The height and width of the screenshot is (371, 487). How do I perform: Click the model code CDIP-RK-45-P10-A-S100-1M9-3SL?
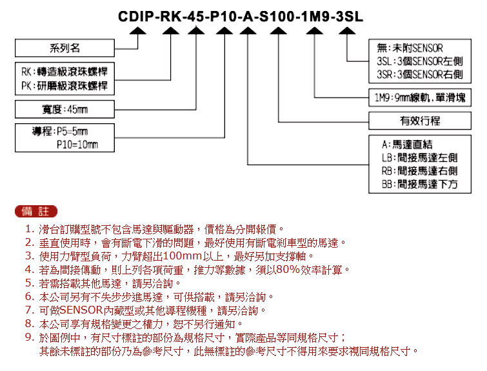(241, 16)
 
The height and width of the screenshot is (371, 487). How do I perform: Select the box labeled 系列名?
(65, 48)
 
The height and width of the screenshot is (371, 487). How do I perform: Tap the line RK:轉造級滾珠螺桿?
(65, 72)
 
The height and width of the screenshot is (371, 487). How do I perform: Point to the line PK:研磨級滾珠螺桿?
(65, 85)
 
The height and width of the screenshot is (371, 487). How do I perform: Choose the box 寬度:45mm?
(65, 109)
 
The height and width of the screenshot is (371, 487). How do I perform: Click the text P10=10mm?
(77, 145)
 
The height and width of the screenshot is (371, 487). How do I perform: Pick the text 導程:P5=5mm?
(60, 132)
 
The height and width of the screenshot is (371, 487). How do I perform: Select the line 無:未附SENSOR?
(410, 48)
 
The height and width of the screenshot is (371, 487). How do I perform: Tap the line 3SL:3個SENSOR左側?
(420, 61)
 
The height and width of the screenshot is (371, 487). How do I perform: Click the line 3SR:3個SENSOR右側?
(420, 75)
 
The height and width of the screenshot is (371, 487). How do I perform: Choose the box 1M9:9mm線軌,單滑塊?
(420, 98)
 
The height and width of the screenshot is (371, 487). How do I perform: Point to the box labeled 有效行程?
(420, 121)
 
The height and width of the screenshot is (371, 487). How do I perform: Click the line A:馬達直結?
(407, 145)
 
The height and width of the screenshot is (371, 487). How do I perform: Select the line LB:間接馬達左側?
(420, 158)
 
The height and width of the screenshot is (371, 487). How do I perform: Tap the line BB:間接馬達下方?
(420, 185)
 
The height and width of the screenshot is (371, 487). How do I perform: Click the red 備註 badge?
(36, 211)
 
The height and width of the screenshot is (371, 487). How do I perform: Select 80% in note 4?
(287, 270)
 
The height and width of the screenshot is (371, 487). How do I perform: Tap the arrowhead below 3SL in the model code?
(347, 30)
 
